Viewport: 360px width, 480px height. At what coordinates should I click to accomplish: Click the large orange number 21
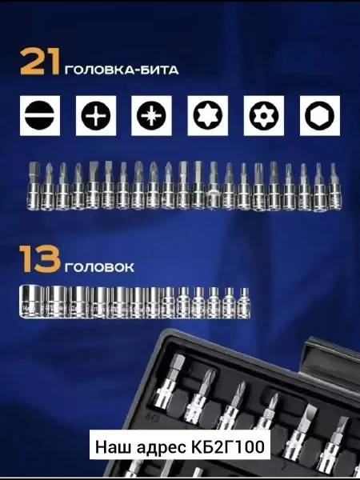click(x=39, y=61)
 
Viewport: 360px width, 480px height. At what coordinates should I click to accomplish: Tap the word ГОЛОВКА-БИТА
click(x=122, y=70)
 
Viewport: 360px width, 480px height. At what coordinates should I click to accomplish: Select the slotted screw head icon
click(x=40, y=116)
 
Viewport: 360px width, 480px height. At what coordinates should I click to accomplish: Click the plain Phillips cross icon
click(x=96, y=116)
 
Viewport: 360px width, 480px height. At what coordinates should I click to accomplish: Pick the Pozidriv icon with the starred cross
click(x=151, y=116)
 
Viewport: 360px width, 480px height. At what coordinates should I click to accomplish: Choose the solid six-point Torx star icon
click(x=207, y=116)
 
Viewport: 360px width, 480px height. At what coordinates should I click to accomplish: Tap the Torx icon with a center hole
click(x=263, y=116)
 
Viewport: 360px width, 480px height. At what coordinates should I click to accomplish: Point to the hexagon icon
click(x=320, y=116)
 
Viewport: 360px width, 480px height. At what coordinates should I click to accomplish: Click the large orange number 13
click(x=40, y=259)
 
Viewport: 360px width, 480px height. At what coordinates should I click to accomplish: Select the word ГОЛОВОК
click(x=99, y=268)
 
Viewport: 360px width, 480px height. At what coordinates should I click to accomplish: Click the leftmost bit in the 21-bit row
click(x=34, y=185)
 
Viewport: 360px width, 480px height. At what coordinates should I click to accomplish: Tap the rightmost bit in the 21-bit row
click(x=335, y=186)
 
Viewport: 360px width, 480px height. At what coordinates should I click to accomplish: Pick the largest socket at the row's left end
click(x=32, y=302)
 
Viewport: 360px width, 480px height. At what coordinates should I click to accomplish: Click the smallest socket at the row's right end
click(x=244, y=302)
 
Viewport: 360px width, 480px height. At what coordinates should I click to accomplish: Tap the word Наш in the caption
click(x=114, y=447)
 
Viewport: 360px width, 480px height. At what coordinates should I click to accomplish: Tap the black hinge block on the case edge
click(x=332, y=357)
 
